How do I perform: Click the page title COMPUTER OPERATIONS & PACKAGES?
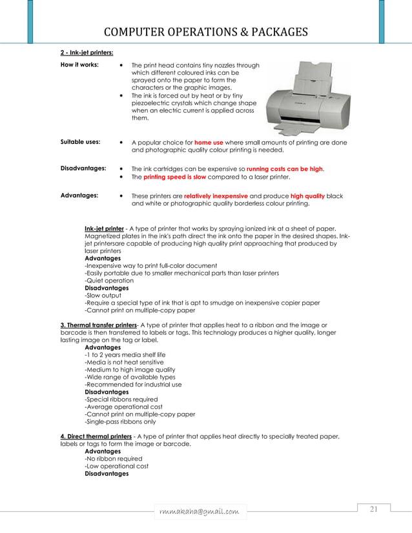pos(205,33)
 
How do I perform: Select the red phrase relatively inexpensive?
pos(216,196)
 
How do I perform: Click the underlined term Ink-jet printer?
pos(104,228)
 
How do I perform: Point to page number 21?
pos(373,510)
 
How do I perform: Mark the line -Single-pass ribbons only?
pos(120,421)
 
